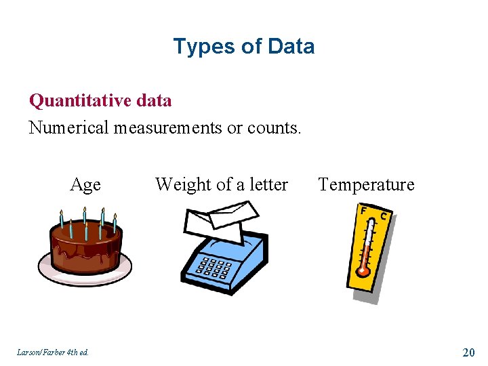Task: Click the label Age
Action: point(85,184)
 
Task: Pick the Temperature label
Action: point(366,184)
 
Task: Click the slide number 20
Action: point(468,352)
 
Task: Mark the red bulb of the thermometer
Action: point(364,270)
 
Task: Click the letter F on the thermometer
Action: point(364,211)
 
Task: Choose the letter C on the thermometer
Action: point(384,216)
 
